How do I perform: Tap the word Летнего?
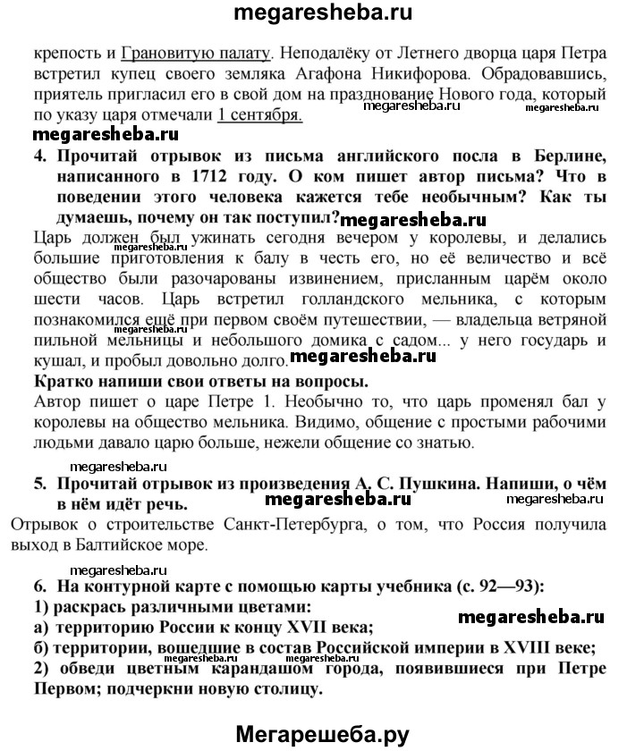click(x=358, y=51)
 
